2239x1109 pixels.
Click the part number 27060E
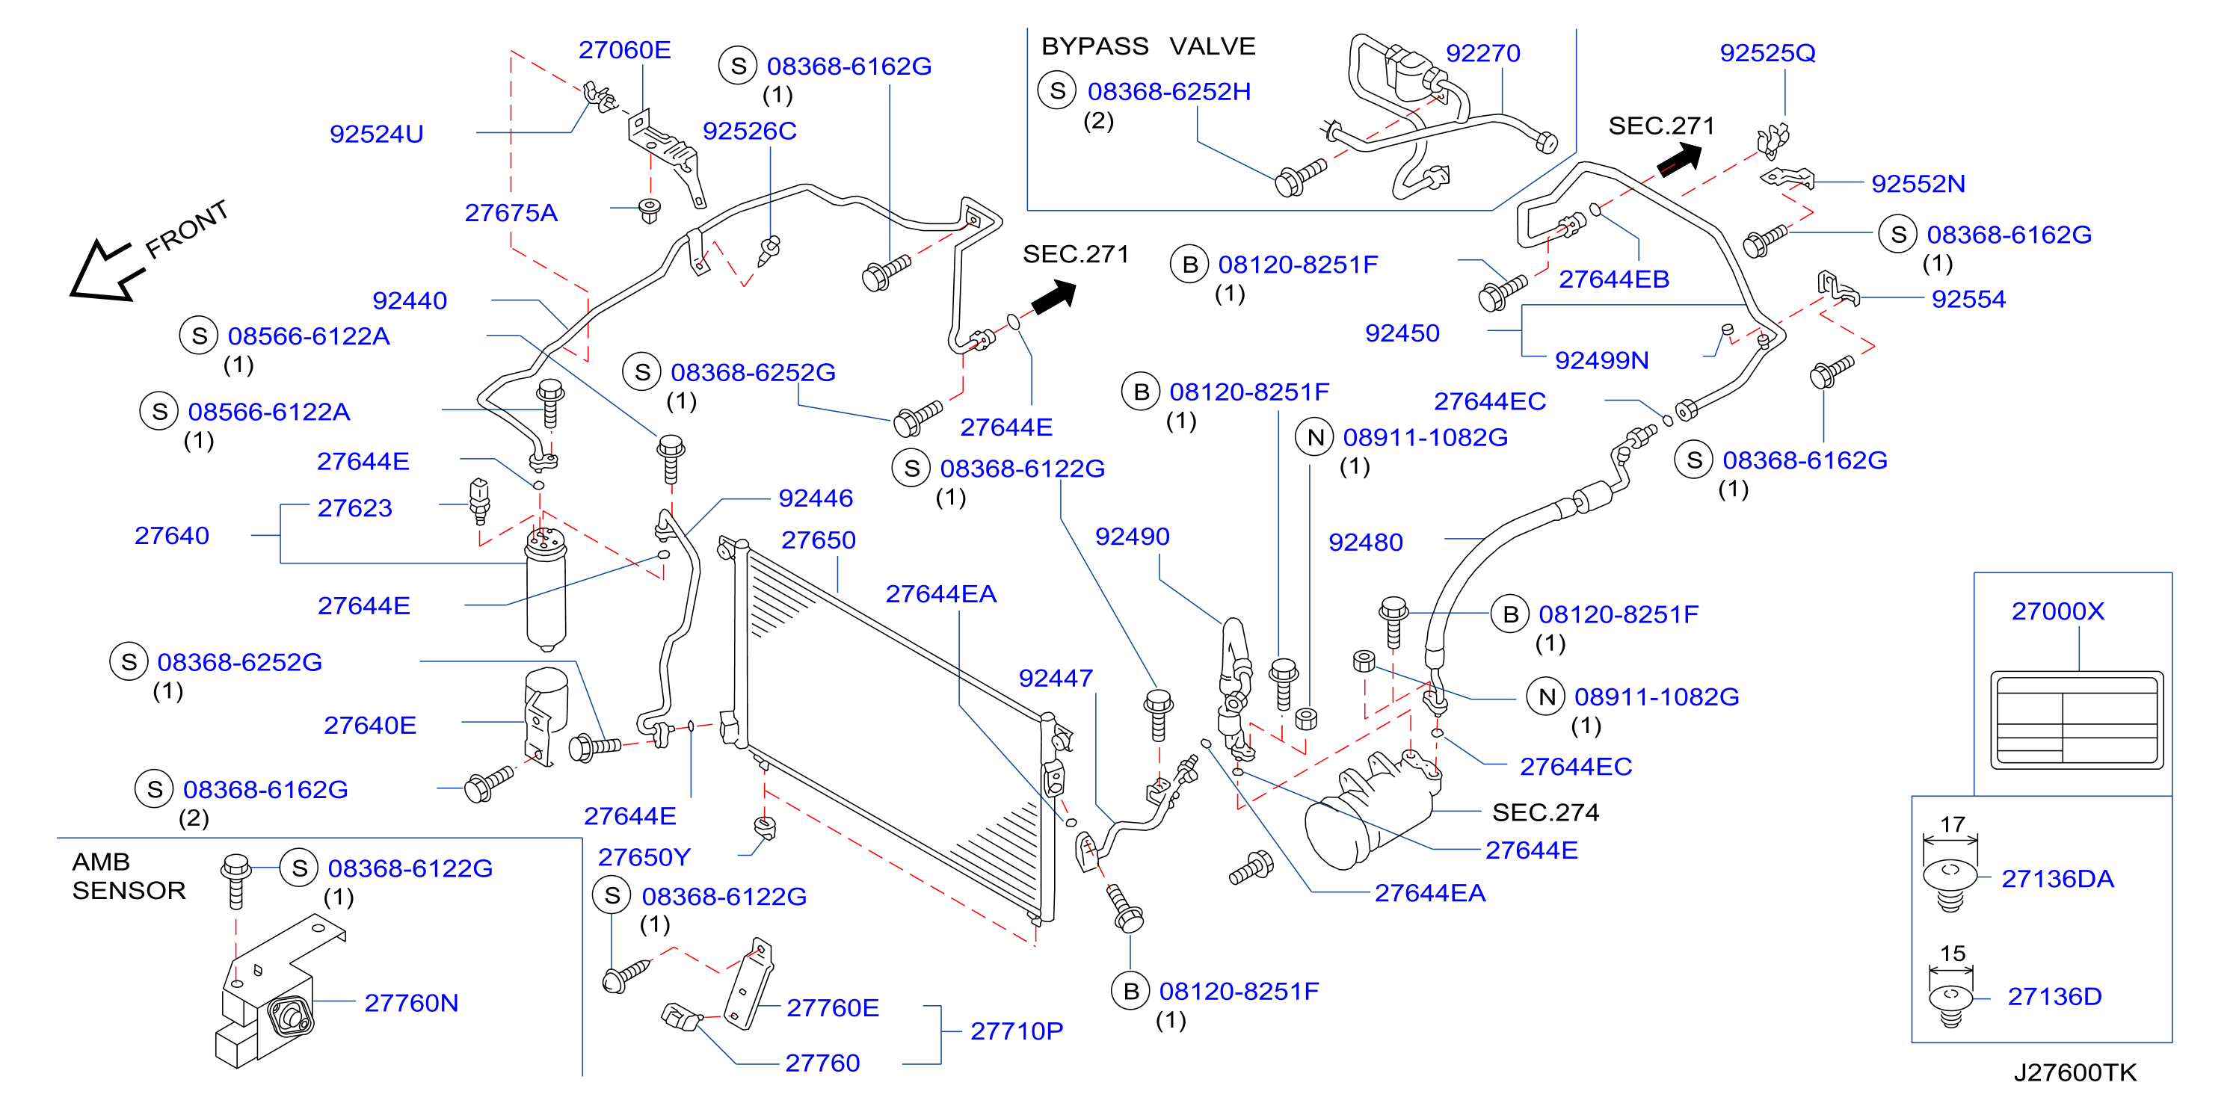pyautogui.click(x=624, y=49)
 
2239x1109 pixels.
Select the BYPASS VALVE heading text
pyautogui.click(x=1148, y=46)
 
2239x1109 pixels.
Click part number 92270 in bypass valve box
pyautogui.click(x=1482, y=53)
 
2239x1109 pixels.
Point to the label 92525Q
pyautogui.click(x=1767, y=53)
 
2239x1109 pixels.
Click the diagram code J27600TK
pyautogui.click(x=2075, y=1072)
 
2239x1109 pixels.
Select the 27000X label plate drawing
pyautogui.click(x=2077, y=720)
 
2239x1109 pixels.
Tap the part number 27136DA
pyautogui.click(x=2057, y=879)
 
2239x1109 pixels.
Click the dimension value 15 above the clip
pyautogui.click(x=1952, y=953)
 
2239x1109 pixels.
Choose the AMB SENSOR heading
pyautogui.click(x=129, y=876)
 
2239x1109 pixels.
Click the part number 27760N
pyautogui.click(x=411, y=1003)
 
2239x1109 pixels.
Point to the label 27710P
pyautogui.click(x=1016, y=1031)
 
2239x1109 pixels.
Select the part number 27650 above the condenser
pyautogui.click(x=818, y=540)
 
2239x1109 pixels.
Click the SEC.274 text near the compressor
pyautogui.click(x=1545, y=812)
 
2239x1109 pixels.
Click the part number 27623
pyautogui.click(x=354, y=507)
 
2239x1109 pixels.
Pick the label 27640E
pyautogui.click(x=369, y=725)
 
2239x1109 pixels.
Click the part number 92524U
pyautogui.click(x=376, y=134)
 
